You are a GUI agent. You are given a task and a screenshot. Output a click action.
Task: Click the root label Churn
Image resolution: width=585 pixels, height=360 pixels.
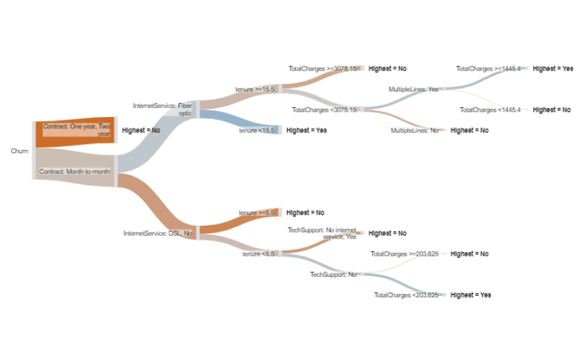coord(19,151)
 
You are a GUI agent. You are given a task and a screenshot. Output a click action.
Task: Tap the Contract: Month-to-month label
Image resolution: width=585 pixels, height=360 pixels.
coord(74,172)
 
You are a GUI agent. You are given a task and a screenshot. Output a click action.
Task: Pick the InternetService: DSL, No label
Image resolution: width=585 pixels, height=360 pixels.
coord(157,233)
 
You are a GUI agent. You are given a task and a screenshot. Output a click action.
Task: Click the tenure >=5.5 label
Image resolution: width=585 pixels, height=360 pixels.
coord(256,213)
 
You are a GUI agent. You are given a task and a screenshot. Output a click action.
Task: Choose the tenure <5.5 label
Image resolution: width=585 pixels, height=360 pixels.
coord(258,254)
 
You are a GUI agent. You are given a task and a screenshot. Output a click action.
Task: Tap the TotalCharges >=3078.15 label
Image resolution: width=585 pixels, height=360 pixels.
coord(323,68)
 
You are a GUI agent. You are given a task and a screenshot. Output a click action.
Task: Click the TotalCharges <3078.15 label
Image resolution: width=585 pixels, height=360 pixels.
coord(325,109)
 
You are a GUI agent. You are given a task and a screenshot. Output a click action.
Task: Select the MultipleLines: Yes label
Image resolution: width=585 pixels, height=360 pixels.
coord(413,89)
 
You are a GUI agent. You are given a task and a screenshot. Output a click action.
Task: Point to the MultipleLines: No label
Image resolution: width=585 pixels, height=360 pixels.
coord(415,130)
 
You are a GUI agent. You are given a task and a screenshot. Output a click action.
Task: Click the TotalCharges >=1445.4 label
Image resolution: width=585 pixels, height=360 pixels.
coord(488,68)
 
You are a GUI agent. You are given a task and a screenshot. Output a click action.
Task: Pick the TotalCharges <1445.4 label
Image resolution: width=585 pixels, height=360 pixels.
coord(490,109)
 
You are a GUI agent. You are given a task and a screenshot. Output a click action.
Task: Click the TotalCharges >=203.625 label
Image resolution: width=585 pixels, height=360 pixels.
coord(404,254)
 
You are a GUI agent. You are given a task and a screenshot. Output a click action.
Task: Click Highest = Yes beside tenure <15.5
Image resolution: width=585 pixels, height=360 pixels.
coord(306,130)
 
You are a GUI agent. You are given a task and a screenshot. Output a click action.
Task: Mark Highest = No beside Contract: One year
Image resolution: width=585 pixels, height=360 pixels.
coord(141,130)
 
